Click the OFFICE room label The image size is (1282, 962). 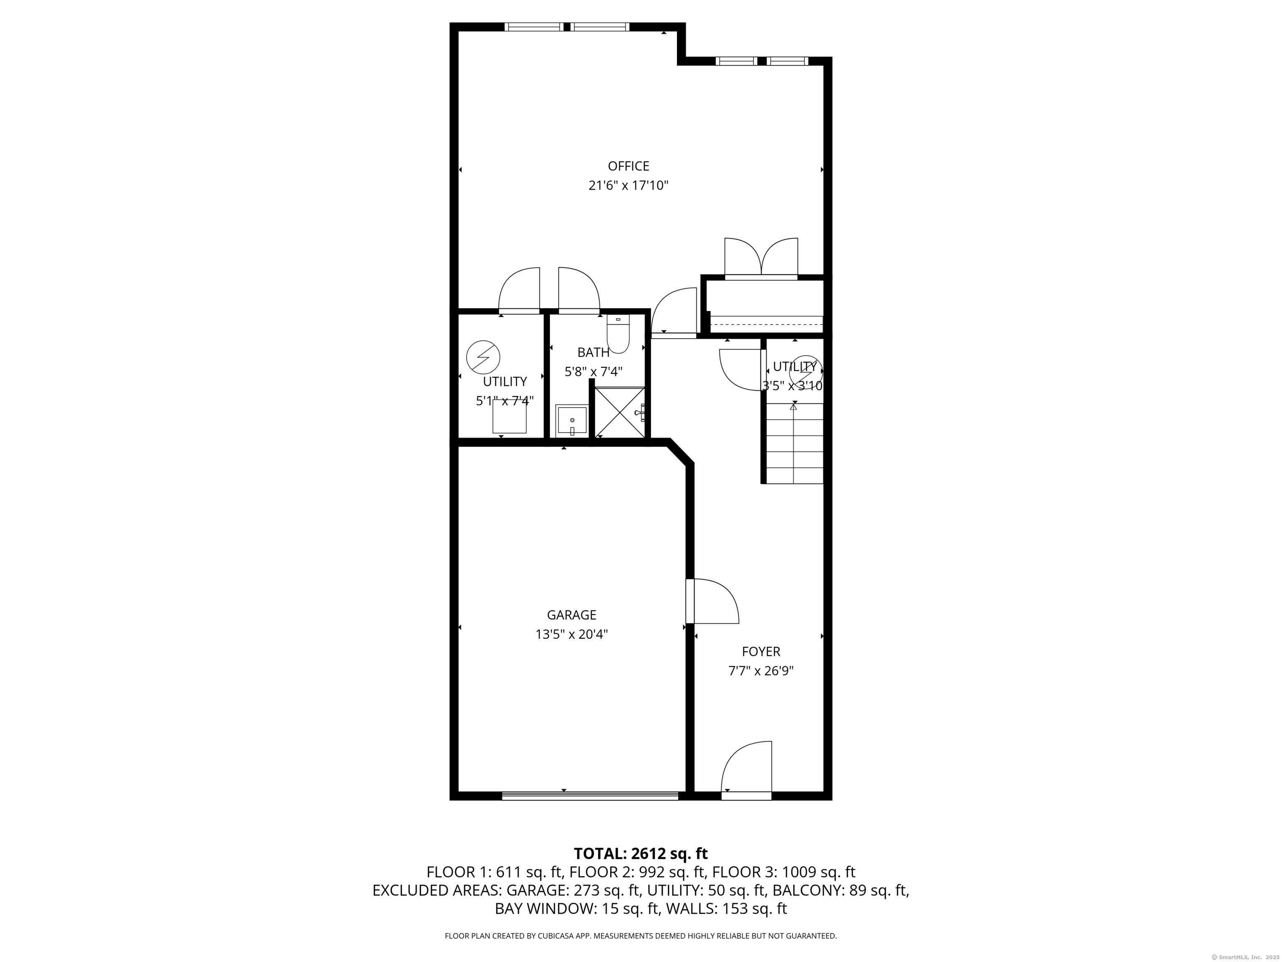(x=628, y=167)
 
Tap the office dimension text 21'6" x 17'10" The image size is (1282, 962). (x=628, y=185)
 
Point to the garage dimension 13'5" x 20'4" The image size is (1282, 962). (x=571, y=634)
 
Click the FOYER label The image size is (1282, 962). (x=761, y=652)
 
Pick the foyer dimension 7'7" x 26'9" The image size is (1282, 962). (x=761, y=671)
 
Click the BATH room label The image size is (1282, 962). (x=593, y=352)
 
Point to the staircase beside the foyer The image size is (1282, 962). (x=793, y=443)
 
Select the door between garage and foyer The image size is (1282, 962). (x=713, y=601)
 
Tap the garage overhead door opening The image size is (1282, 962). (x=590, y=796)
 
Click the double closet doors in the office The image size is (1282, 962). (x=761, y=258)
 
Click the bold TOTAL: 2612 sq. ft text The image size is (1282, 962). (x=641, y=853)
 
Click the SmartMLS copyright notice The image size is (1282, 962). (x=1246, y=957)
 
